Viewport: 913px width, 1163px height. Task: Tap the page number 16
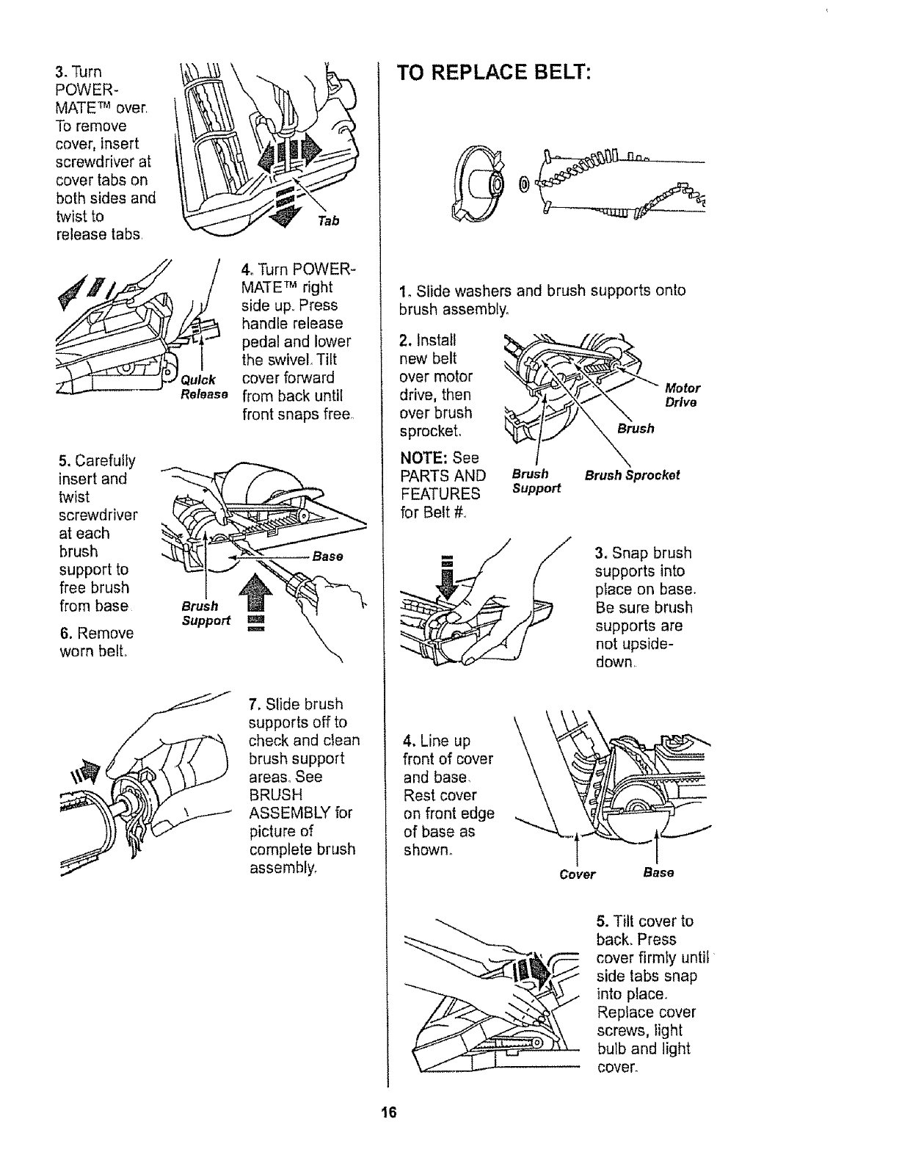[388, 1112]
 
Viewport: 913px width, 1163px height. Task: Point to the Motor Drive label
[682, 395]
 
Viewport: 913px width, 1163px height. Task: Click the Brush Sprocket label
[632, 475]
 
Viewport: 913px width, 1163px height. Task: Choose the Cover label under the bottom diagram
[577, 874]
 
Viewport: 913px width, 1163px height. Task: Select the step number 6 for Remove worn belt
[65, 633]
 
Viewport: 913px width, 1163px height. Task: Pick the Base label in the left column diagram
[327, 556]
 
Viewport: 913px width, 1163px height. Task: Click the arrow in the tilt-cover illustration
[534, 971]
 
